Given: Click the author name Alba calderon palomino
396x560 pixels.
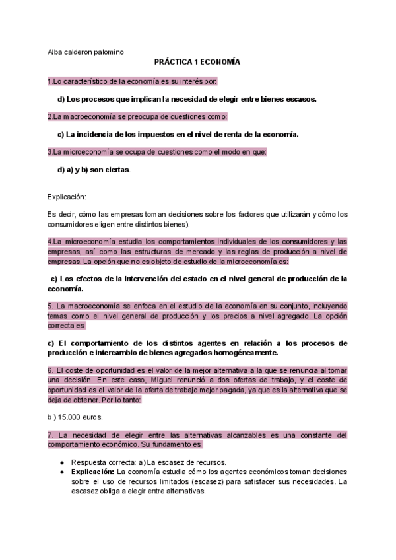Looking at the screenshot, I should (85, 52).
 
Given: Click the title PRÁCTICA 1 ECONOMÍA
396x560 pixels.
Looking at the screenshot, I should (197, 61).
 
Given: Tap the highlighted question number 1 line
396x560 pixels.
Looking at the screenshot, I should (132, 81).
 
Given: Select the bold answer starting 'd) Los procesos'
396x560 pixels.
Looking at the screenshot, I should (187, 99).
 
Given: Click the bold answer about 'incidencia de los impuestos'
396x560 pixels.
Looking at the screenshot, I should (178, 135).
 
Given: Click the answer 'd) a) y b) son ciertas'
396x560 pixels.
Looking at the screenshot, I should (94, 170).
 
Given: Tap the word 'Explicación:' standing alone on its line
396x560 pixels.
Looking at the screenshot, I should (67, 197).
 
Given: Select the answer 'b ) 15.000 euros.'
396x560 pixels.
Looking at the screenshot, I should (75, 418).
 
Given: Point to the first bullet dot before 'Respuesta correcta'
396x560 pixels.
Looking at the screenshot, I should (61, 462).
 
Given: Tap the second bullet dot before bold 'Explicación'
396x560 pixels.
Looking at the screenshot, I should (61, 472).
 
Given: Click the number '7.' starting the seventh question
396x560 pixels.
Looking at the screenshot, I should (51, 435).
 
